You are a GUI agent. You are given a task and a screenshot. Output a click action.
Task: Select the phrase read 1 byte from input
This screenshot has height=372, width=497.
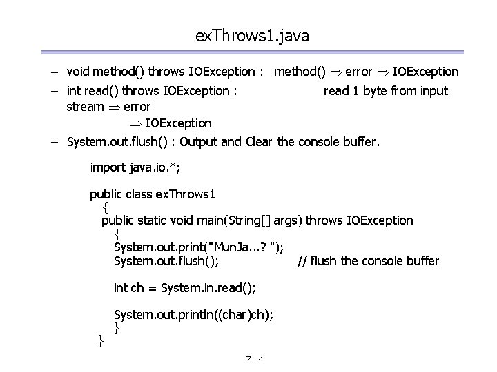385,91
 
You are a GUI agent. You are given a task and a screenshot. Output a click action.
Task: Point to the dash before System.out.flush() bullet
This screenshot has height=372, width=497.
54,143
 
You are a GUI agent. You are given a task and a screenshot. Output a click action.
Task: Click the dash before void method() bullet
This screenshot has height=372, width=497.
54,72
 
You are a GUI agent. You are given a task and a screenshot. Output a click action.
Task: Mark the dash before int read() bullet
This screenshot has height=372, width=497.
54,91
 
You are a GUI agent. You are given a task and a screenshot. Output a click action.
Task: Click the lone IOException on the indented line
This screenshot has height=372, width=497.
178,123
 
